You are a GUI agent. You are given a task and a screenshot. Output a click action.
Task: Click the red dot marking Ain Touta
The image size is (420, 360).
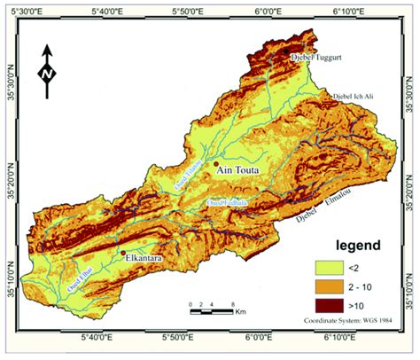coord(215,164)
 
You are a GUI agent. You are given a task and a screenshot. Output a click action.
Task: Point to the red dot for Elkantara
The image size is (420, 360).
coord(122,254)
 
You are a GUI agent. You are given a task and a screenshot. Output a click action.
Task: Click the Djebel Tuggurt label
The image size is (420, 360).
coord(318,58)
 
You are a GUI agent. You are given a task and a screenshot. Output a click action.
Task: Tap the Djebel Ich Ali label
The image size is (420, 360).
coord(355,96)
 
